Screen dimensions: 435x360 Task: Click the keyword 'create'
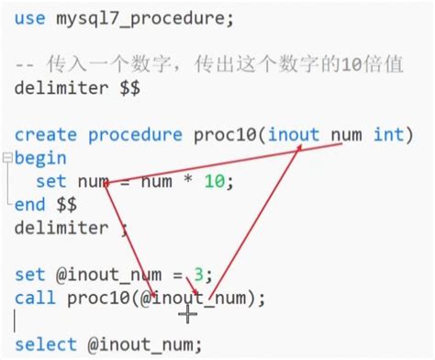(47, 135)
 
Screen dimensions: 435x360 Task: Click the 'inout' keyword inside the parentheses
(295, 135)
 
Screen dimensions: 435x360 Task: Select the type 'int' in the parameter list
(394, 135)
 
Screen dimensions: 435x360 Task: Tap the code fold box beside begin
(7, 158)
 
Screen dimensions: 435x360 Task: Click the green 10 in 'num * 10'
(214, 181)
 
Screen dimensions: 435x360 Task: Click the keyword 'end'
(30, 204)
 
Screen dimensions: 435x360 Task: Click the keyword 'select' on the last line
(47, 344)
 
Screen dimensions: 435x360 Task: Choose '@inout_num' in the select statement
(145, 344)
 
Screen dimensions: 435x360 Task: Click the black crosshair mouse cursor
(188, 314)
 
